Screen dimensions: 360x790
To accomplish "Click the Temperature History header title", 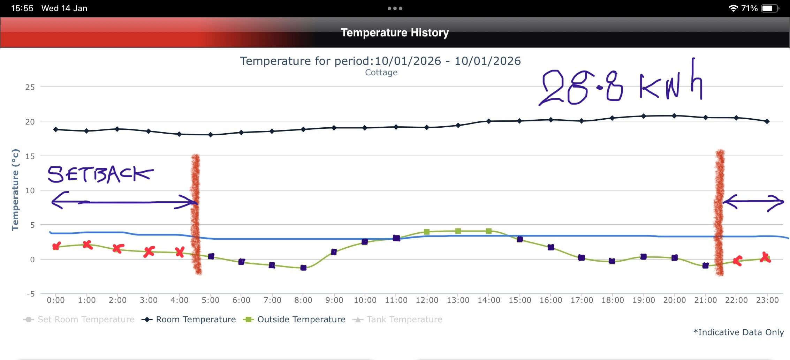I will [x=395, y=32].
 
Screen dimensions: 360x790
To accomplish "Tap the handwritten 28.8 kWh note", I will [x=621, y=85].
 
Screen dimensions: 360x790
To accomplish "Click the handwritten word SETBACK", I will [x=100, y=174].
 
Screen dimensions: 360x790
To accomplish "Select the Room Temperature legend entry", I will [x=189, y=320].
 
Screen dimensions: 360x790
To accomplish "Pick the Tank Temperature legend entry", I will [x=397, y=320].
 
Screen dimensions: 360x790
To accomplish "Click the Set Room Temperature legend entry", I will [x=79, y=320].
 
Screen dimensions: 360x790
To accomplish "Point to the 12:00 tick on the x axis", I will [x=427, y=300].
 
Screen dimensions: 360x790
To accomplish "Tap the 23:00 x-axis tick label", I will [x=767, y=300].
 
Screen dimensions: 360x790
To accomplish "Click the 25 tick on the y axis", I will [x=30, y=87].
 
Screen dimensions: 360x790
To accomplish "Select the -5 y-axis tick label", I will [x=31, y=294].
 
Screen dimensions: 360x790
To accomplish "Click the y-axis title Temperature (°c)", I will [x=15, y=190].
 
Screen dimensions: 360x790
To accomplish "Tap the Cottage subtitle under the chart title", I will [x=381, y=73].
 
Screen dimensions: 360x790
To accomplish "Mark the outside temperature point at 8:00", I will [x=303, y=268].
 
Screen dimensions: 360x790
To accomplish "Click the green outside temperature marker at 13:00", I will [x=458, y=231].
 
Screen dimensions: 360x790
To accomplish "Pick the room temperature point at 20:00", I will [x=674, y=116].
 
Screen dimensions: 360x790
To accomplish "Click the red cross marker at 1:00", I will [x=87, y=245].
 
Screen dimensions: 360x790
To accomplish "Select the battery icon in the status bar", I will [x=770, y=8].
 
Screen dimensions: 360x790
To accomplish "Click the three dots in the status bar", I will [x=395, y=8].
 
